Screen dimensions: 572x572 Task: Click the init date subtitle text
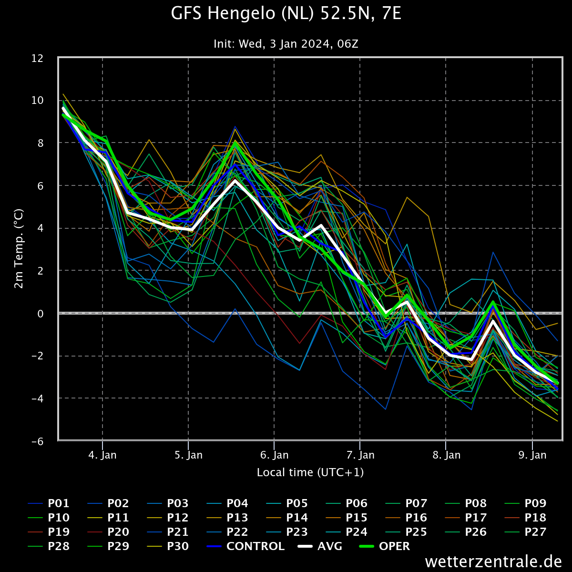point(286,44)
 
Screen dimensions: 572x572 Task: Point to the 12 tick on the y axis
point(37,59)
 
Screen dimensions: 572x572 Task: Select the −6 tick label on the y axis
point(37,441)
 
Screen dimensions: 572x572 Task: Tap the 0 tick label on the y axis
point(41,314)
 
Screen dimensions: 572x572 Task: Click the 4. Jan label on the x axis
point(102,455)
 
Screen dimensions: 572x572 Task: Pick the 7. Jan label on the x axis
point(360,455)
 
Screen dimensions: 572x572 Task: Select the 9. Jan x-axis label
point(532,455)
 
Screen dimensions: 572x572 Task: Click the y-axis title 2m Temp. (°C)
point(19,249)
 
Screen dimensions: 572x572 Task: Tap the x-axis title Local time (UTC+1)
point(310,472)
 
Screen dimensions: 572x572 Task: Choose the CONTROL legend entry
point(245,546)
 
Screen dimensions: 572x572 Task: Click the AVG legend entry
point(320,546)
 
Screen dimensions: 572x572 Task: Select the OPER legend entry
point(385,546)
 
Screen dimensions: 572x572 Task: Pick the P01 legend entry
point(49,503)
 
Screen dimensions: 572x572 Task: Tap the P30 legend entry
point(168,546)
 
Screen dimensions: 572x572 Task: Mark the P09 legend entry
point(525,503)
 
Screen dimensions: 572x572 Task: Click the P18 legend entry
point(525,518)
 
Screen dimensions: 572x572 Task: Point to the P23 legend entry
point(287,532)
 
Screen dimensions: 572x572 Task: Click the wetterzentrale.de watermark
point(493,562)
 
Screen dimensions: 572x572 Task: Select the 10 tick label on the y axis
point(37,100)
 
